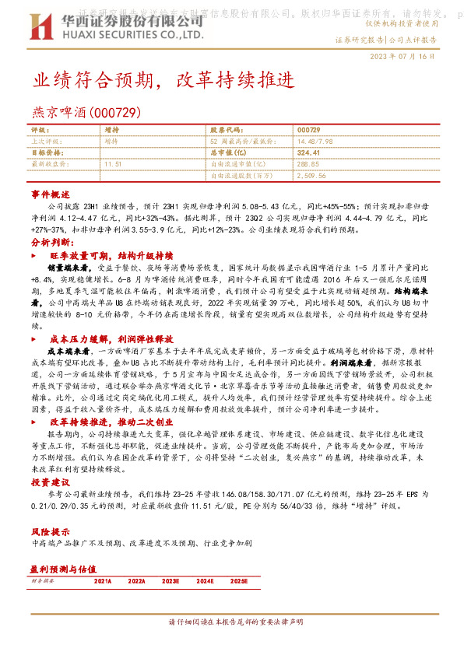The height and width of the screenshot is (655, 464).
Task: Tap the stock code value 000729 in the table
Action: click(x=308, y=130)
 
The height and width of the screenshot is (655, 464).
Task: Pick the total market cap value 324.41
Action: click(x=309, y=153)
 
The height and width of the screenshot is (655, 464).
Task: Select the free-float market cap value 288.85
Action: click(x=309, y=165)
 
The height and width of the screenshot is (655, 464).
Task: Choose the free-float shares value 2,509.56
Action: click(x=312, y=177)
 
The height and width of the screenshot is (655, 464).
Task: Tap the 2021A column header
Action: click(x=103, y=580)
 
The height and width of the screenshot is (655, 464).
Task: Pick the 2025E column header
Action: click(x=238, y=580)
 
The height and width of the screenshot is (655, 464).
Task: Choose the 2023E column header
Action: click(x=170, y=580)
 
